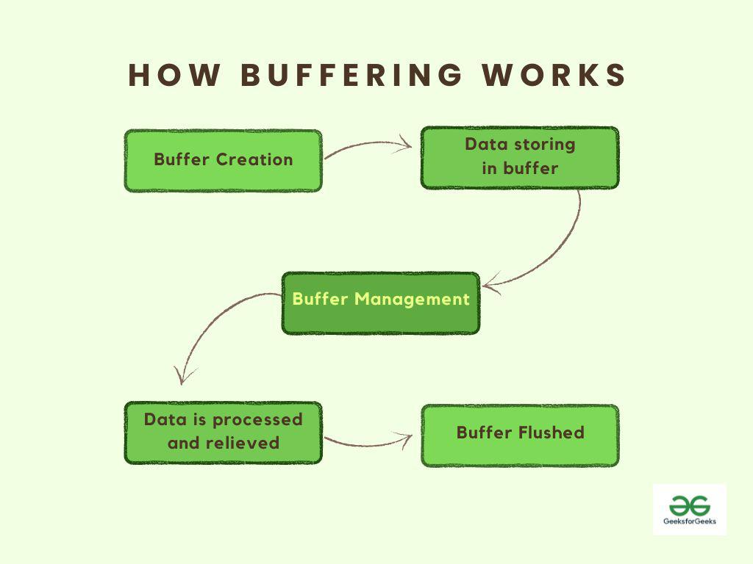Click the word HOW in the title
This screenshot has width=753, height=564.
(174, 76)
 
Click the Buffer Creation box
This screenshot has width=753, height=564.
(223, 160)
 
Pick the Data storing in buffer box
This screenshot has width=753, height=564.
(520, 157)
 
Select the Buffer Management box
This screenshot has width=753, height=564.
(380, 303)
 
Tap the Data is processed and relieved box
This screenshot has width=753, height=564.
(223, 432)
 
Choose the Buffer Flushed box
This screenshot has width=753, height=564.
(520, 435)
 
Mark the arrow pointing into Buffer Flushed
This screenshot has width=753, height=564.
(368, 442)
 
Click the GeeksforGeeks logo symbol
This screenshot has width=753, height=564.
(689, 505)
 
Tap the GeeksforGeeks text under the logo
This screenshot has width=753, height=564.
(689, 522)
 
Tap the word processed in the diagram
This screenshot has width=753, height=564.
(257, 420)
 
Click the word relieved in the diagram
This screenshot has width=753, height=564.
(243, 444)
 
